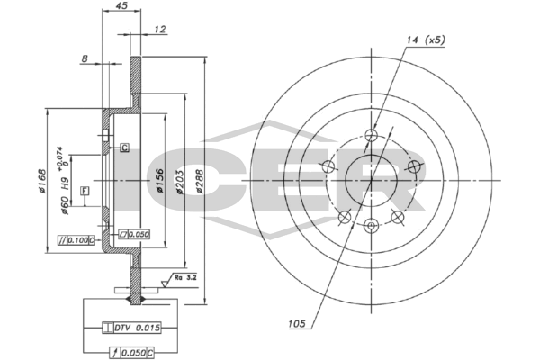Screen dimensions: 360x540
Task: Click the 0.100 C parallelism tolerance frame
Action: [75, 239]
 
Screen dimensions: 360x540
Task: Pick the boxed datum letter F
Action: [85, 191]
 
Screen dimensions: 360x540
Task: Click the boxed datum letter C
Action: [124, 148]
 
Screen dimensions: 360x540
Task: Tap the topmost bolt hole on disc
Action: [371, 136]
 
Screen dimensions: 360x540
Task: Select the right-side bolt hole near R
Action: [414, 166]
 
